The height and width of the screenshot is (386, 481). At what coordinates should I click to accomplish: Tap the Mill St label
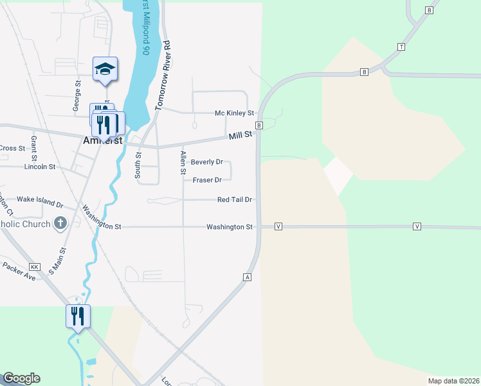[x=241, y=136]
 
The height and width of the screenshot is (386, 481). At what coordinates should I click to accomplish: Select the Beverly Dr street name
[x=206, y=162]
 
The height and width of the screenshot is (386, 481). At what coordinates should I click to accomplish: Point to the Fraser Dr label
[x=207, y=180]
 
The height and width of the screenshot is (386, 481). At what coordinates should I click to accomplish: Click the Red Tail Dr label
[x=234, y=200]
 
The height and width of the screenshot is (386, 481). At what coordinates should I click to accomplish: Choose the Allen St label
[x=183, y=163]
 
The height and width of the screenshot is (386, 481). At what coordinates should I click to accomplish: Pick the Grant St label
[x=34, y=147]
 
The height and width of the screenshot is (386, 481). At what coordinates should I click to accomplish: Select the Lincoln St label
[x=40, y=167]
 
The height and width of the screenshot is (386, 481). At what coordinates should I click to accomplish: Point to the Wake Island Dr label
[x=40, y=202]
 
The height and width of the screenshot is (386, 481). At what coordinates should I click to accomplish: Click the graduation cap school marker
[x=105, y=68]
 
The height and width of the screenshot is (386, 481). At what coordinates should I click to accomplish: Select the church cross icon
[x=60, y=223]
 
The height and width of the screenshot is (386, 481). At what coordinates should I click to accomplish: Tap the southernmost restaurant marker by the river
[x=78, y=317]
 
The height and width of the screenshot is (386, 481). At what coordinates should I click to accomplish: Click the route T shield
[x=401, y=47]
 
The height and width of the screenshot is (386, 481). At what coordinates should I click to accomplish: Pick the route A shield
[x=246, y=277]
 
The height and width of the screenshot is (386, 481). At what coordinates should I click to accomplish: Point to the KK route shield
[x=35, y=266]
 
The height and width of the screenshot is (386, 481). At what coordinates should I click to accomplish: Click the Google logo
[x=21, y=378]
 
